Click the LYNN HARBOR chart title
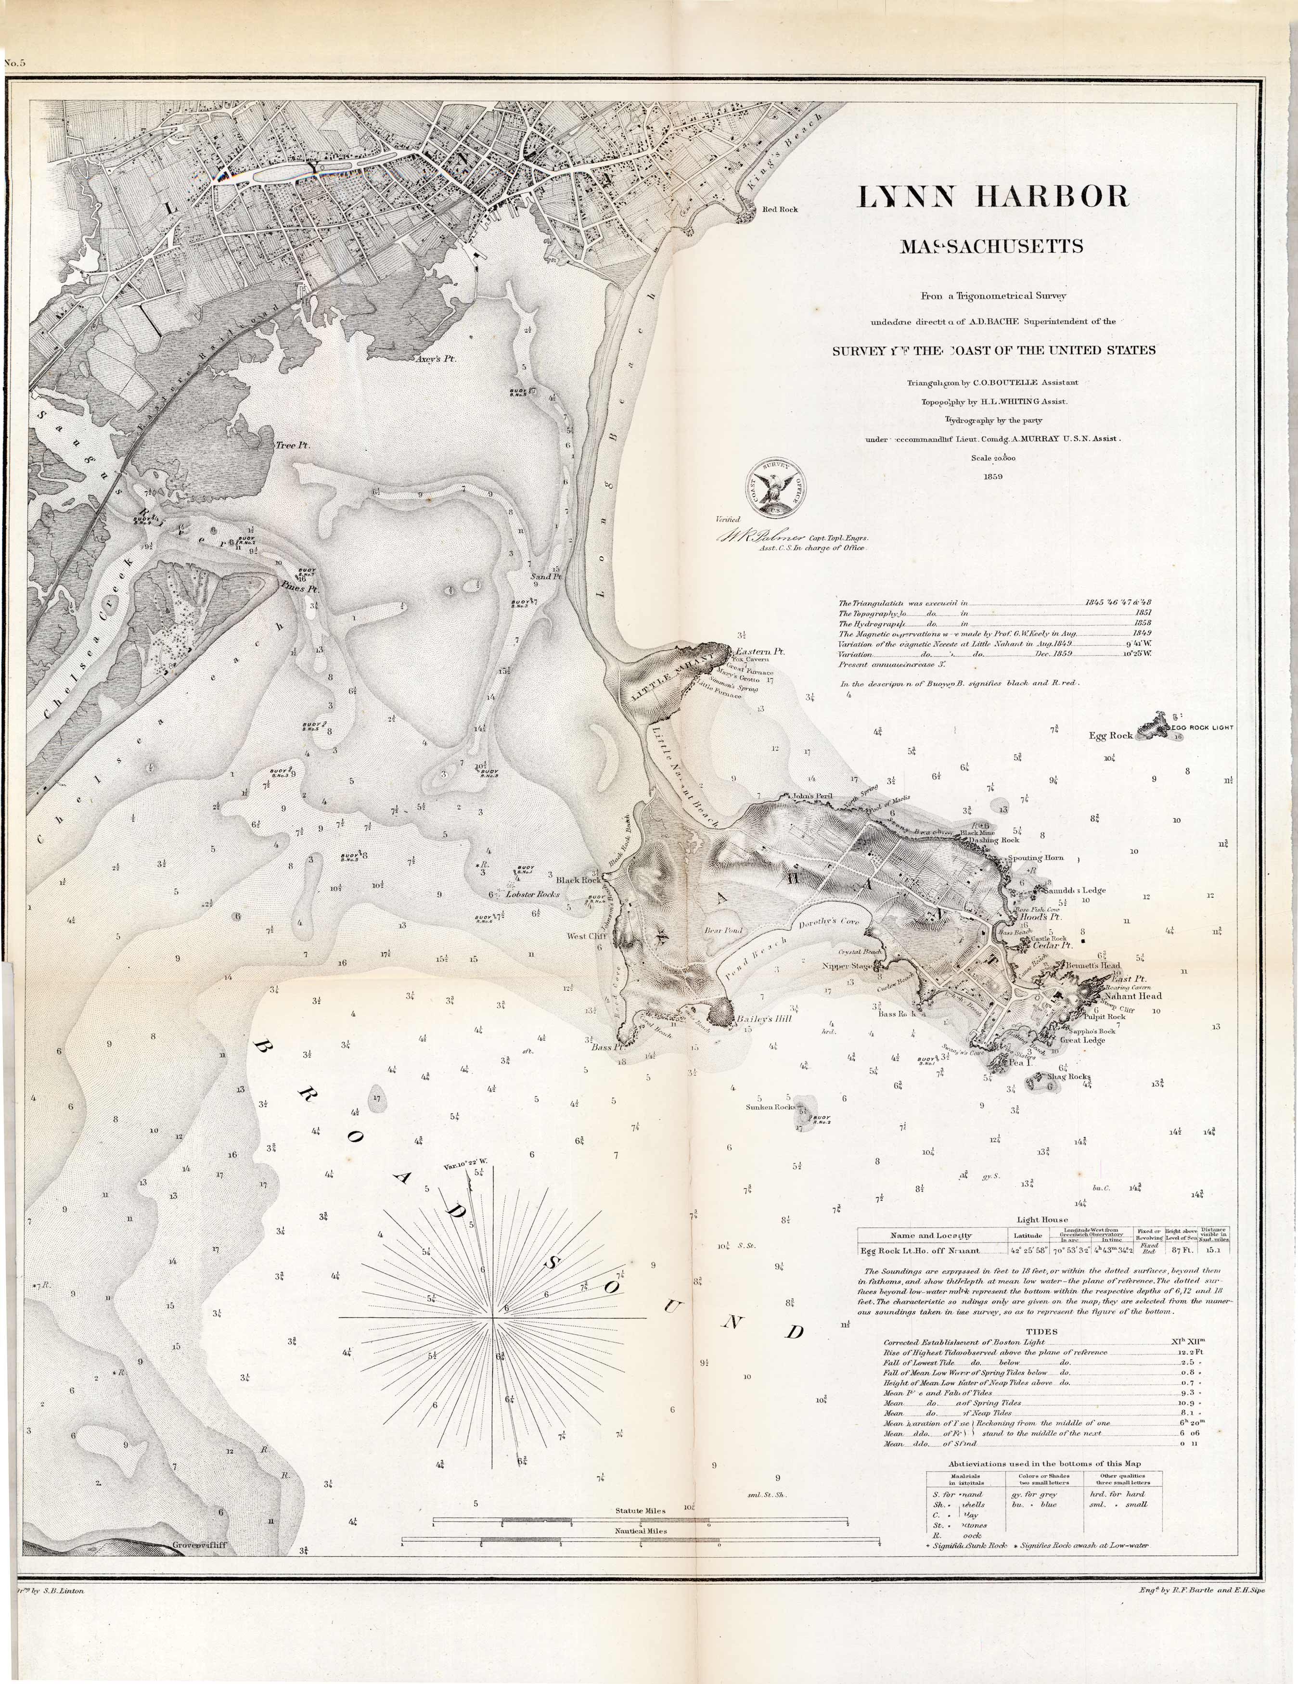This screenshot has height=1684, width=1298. (x=993, y=197)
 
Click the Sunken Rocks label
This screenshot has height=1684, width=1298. (x=770, y=1107)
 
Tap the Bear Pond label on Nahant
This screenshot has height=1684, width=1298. (x=723, y=930)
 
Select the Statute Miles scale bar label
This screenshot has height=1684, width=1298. (x=640, y=1510)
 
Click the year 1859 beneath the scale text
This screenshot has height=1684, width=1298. (x=993, y=476)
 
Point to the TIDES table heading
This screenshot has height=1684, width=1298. (x=1042, y=1331)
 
